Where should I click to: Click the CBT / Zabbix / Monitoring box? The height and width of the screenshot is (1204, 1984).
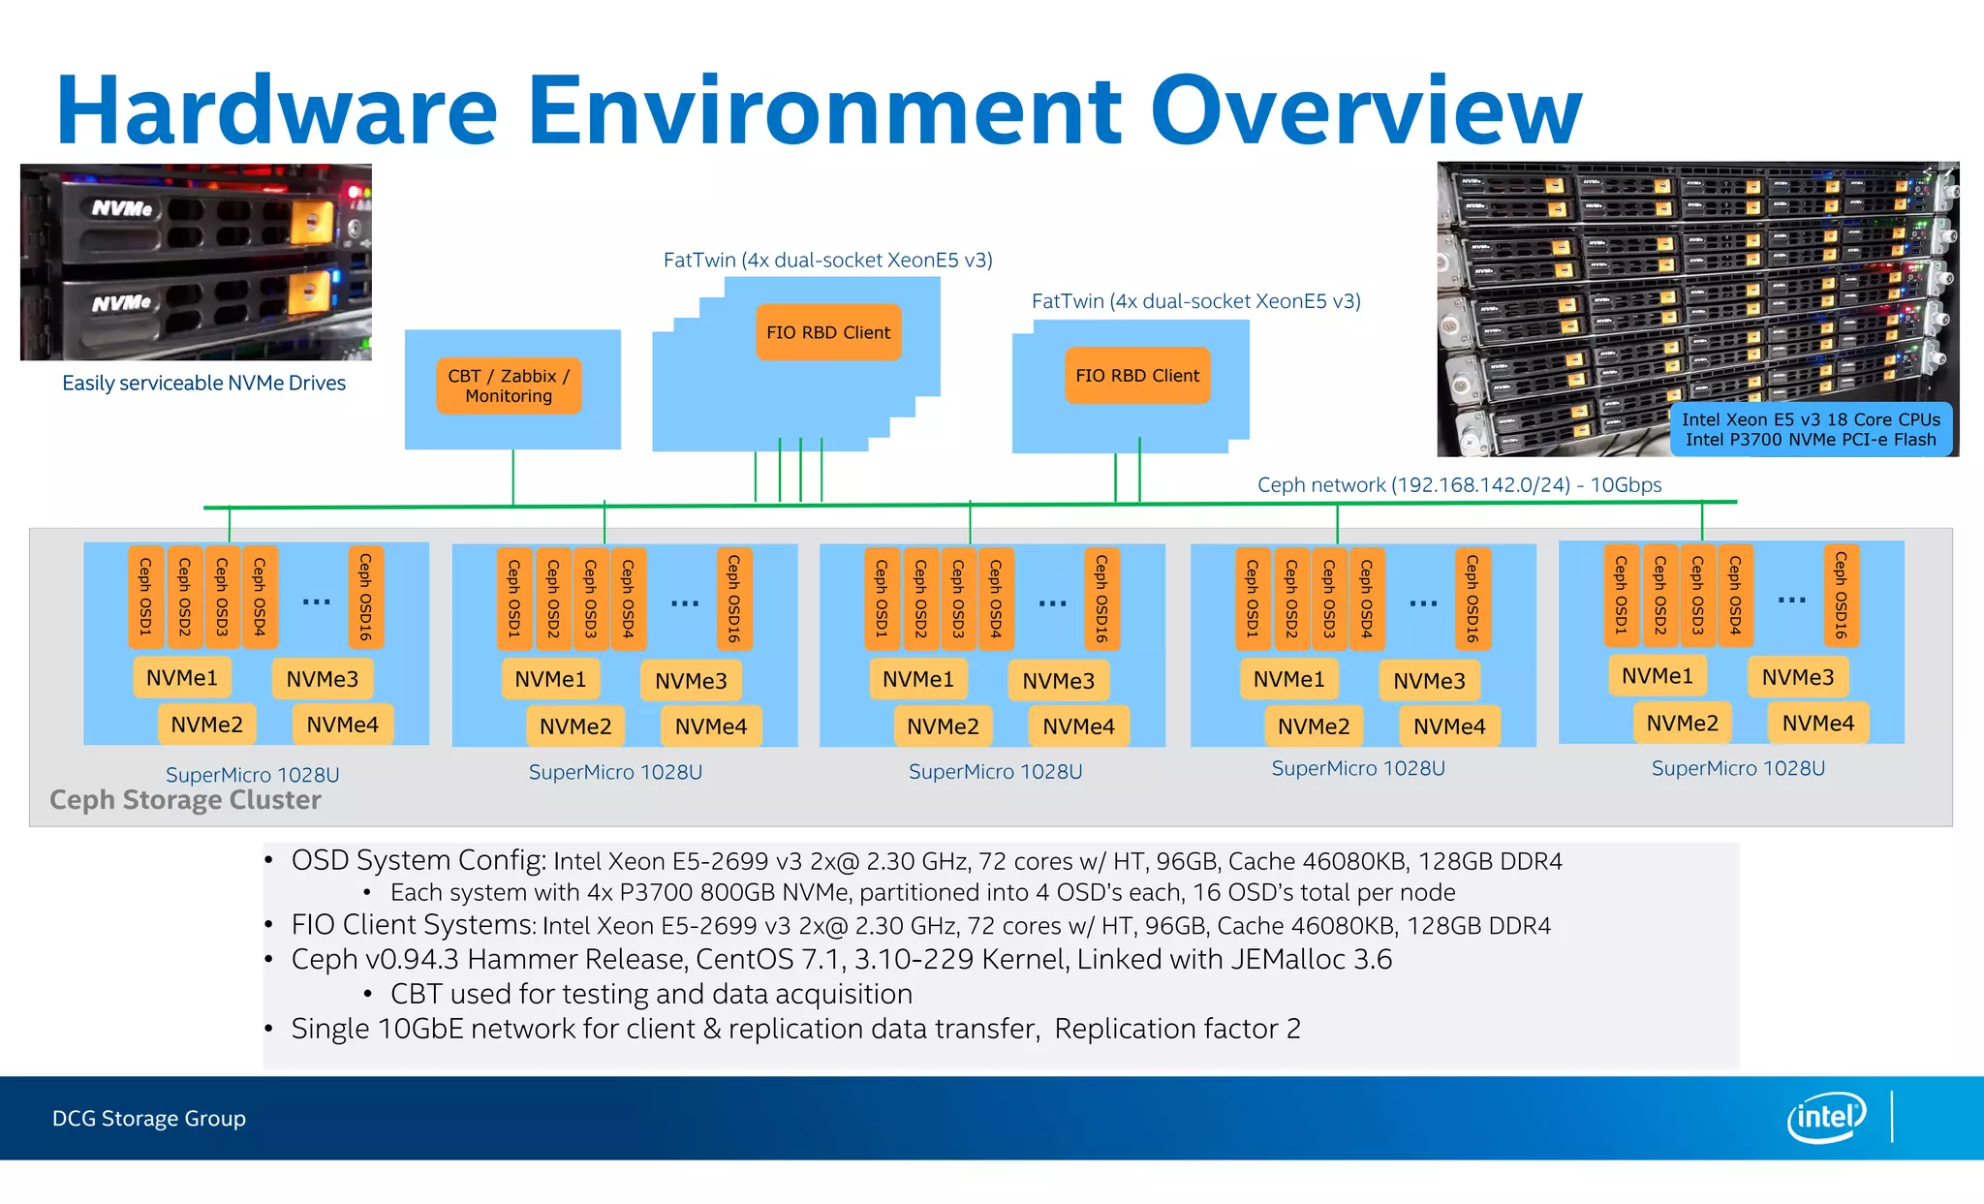(509, 386)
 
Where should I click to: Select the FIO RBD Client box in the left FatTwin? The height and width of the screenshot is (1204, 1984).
(827, 332)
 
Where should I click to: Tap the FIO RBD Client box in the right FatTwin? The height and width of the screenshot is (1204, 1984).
(1137, 375)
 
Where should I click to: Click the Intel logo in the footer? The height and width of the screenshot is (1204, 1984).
(1825, 1117)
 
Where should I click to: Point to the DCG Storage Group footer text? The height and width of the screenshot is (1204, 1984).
(149, 1118)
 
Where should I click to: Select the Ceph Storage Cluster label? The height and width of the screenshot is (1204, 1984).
(185, 800)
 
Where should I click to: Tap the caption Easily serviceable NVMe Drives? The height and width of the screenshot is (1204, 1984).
(203, 383)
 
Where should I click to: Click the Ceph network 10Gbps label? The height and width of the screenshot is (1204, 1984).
(1459, 484)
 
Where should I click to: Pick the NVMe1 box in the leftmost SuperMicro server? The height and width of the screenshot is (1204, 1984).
(182, 677)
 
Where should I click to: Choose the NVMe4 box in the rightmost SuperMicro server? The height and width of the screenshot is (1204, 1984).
(1817, 723)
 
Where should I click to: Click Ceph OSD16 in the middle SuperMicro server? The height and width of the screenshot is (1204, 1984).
(1101, 598)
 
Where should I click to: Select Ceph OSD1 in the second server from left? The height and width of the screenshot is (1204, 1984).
(514, 598)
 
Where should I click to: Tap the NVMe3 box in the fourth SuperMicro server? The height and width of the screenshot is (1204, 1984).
(1429, 681)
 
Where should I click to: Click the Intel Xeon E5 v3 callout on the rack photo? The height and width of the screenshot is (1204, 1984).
(1811, 429)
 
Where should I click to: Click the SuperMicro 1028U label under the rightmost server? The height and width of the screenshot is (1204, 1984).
(1738, 768)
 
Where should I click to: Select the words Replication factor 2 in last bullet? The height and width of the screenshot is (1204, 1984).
(1177, 1028)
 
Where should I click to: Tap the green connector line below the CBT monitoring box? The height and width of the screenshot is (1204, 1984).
(512, 477)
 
